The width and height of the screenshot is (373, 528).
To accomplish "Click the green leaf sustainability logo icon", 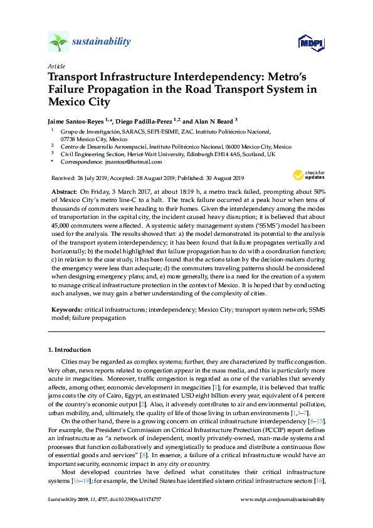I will click(58, 42).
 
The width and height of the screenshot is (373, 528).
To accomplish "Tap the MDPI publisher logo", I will click(312, 43).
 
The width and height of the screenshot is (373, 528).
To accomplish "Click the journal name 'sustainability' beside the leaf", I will click(102, 42).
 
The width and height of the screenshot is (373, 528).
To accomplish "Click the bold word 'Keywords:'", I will click(65, 310).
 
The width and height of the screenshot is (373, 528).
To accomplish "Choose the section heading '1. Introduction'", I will click(69, 349).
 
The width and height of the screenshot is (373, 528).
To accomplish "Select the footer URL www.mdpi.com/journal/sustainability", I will click(283, 499).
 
